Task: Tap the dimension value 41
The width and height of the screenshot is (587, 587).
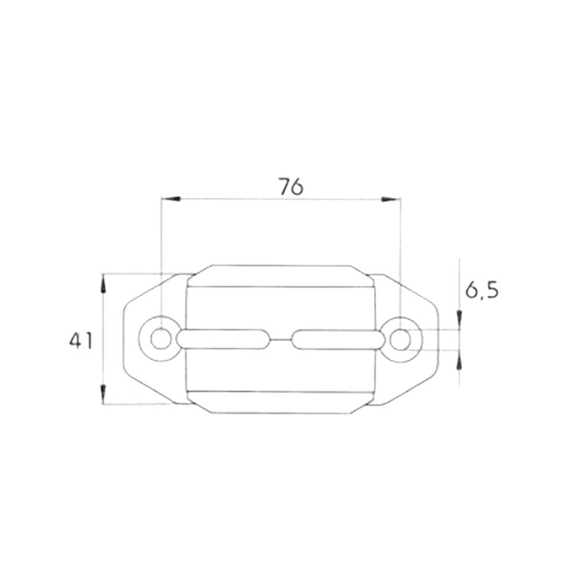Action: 80,340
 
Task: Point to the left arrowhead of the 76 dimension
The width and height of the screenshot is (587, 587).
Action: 170,199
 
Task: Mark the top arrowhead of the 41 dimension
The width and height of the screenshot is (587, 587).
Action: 104,281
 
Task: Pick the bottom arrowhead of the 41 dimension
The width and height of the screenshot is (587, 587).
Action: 104,396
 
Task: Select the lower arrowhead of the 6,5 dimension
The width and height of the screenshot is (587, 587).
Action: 459,358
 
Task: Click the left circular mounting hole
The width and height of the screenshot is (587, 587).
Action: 161,338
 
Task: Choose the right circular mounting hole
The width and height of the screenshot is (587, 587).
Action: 400,338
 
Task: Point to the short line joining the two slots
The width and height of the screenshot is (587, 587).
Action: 281,339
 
